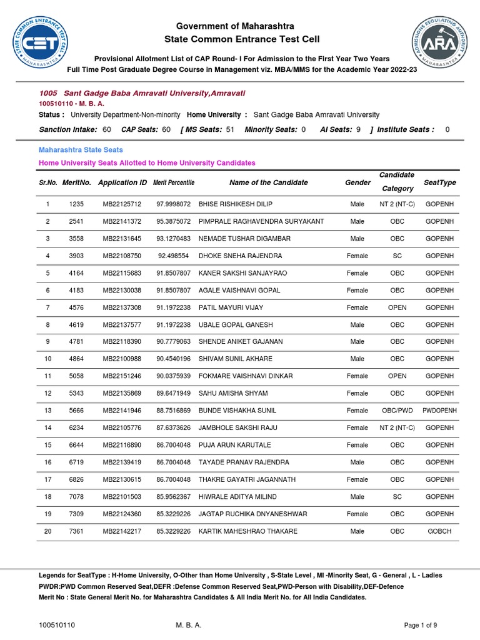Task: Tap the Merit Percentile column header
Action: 174,182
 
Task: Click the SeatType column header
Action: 440,182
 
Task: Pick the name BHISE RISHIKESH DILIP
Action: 235,204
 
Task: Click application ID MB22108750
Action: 122,256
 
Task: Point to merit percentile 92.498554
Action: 174,256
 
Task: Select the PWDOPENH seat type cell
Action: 440,411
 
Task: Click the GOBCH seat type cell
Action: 439,531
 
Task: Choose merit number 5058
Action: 76,376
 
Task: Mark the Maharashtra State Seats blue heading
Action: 81,150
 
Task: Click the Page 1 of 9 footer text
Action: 421,625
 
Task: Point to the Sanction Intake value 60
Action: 107,129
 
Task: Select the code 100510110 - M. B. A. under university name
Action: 71,103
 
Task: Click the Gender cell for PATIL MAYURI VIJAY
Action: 357,307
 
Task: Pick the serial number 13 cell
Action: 47,411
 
